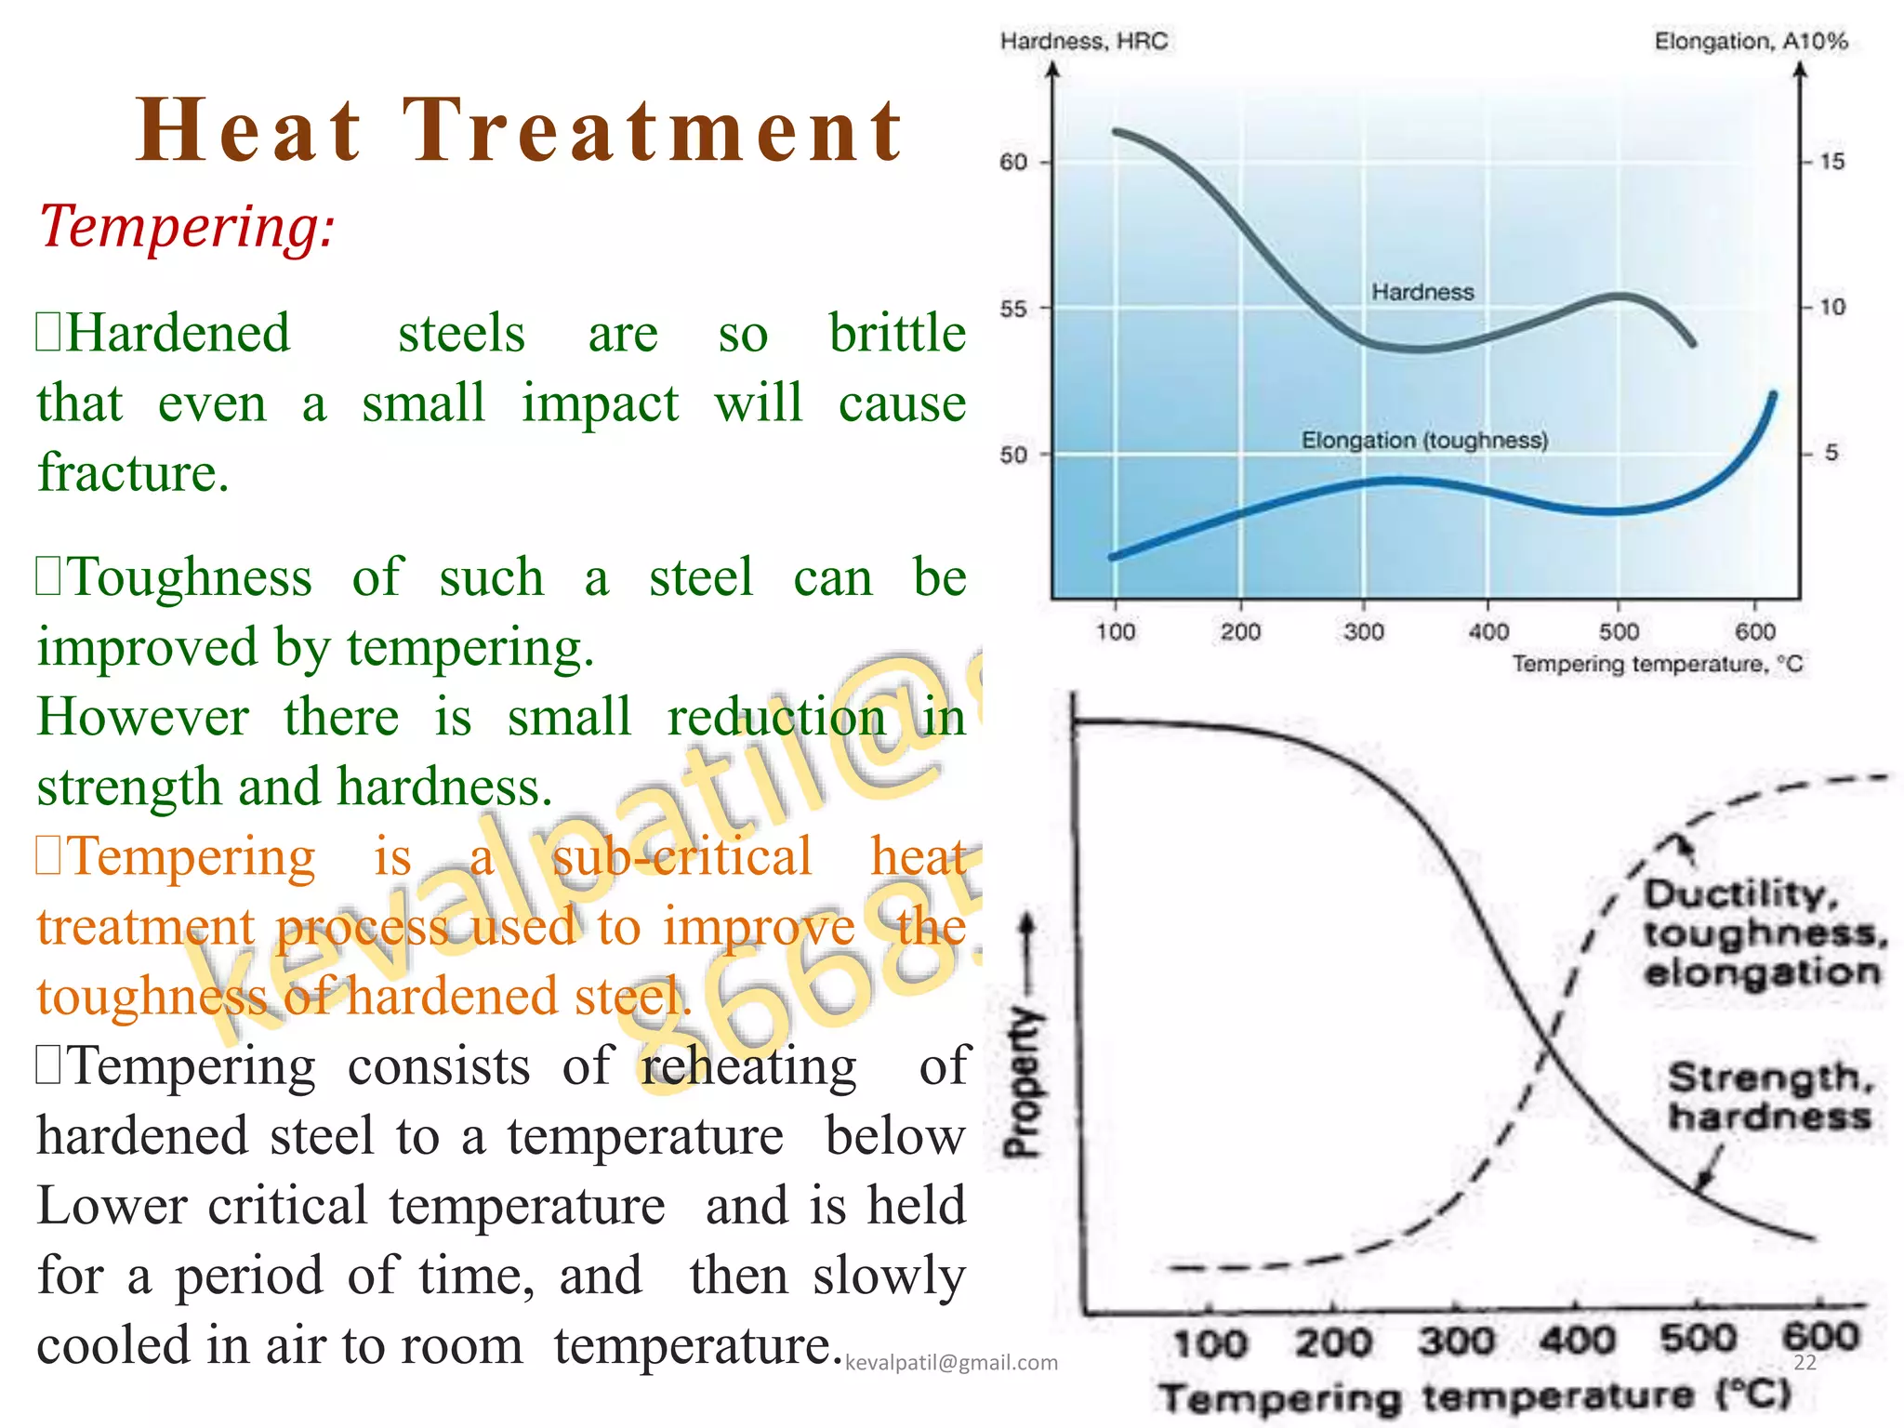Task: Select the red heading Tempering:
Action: [x=186, y=226]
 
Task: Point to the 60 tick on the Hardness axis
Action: [x=1013, y=163]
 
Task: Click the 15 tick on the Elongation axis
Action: [x=1831, y=162]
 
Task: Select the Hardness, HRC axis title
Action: [x=1083, y=41]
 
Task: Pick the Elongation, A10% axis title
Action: [x=1751, y=41]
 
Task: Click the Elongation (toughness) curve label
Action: [x=1424, y=440]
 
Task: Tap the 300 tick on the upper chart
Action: [x=1364, y=632]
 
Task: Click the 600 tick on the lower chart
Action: [x=1820, y=1338]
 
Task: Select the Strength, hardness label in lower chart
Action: [x=1769, y=1097]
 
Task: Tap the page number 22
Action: [x=1805, y=1363]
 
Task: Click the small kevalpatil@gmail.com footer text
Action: [x=951, y=1363]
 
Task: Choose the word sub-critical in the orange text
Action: [x=681, y=856]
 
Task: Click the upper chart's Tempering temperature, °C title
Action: [x=1657, y=664]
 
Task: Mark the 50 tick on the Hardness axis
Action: [x=1013, y=455]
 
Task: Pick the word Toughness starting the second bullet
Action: [x=191, y=577]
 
